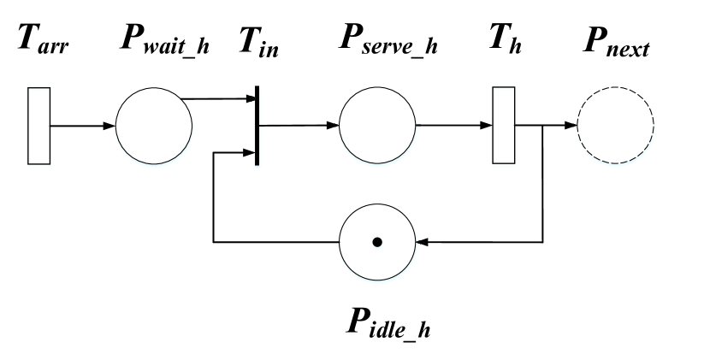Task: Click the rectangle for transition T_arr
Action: [39, 126]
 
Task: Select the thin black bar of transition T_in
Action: [257, 126]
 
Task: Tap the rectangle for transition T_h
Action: [505, 126]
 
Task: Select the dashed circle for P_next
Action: [613, 126]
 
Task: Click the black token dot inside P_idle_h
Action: [376, 243]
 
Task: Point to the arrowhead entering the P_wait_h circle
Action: [110, 126]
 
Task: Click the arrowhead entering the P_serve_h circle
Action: [334, 126]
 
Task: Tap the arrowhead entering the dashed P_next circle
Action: [571, 126]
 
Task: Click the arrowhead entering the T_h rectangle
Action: [488, 126]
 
